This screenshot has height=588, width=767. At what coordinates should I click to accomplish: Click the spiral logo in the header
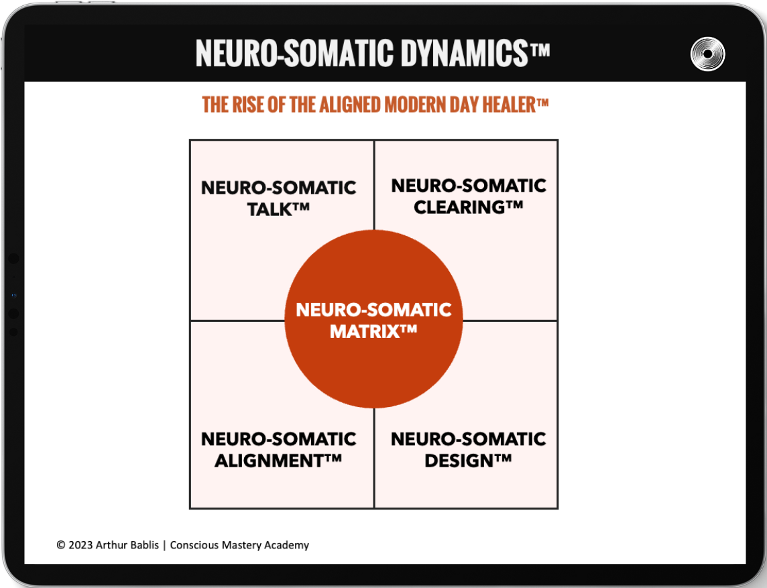click(x=707, y=54)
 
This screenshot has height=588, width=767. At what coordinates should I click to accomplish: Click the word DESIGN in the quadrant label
click(x=461, y=461)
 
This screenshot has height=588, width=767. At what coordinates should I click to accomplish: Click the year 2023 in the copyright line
click(x=80, y=545)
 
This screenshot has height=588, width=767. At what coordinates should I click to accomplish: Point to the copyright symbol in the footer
click(x=61, y=545)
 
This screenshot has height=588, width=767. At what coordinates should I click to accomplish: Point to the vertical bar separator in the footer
click(x=164, y=545)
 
